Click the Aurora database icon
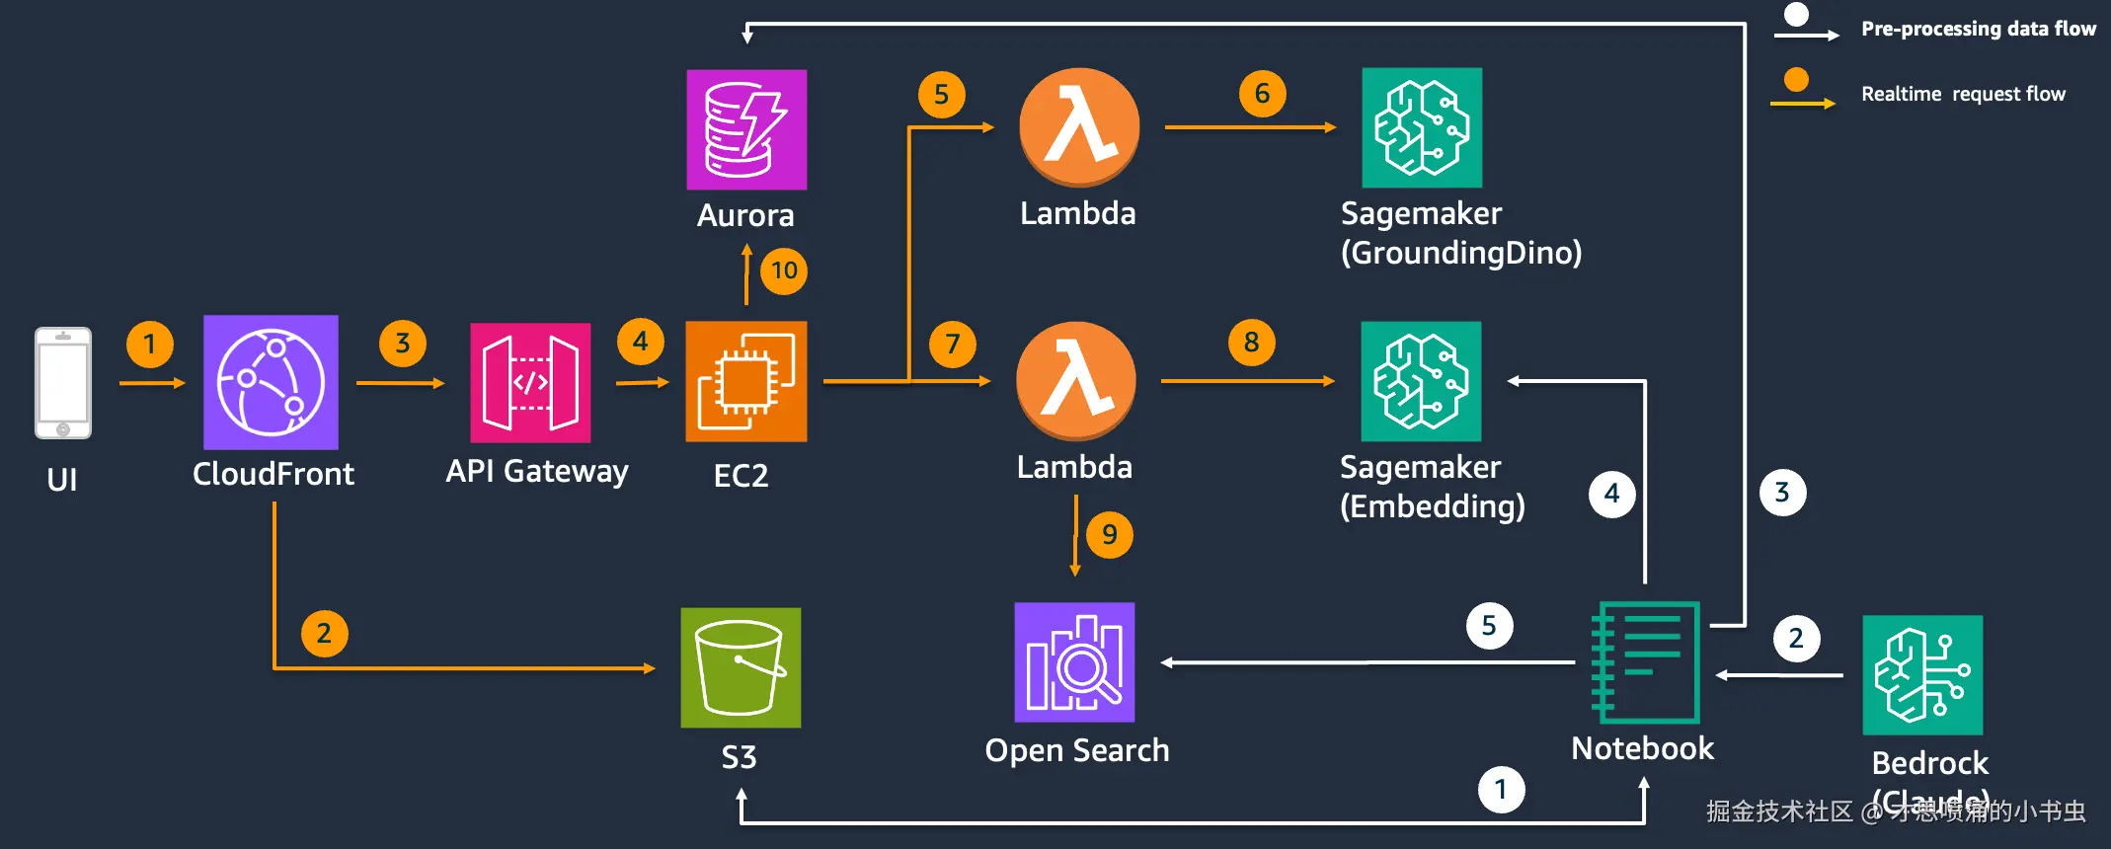point(746,129)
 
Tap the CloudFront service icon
point(271,382)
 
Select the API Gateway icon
point(530,382)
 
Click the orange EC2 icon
point(745,381)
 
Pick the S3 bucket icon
point(741,667)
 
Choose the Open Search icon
point(1074,662)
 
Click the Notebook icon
point(1645,662)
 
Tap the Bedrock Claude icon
point(1922,675)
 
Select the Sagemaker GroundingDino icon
point(1422,127)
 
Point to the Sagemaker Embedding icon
point(1421,381)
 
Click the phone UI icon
point(63,382)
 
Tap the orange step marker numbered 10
point(784,270)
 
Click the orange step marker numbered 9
point(1110,535)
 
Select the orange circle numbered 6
point(1262,94)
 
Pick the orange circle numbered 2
point(324,634)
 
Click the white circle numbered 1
point(1501,790)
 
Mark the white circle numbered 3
point(1782,493)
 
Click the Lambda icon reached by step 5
point(1079,127)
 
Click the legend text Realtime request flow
point(1963,94)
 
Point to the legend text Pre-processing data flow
point(1978,29)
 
